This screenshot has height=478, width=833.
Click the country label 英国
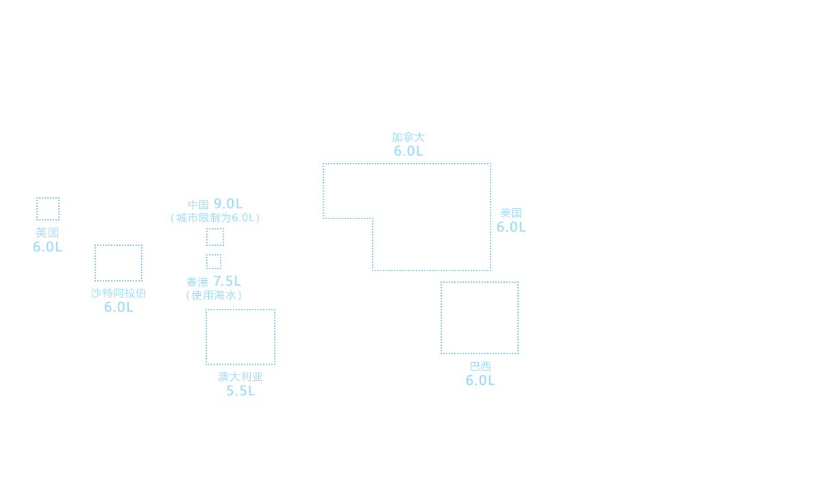(47, 232)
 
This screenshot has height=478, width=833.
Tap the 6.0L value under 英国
(47, 247)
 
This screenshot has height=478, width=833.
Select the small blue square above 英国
(47, 208)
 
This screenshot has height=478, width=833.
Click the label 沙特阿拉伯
(119, 293)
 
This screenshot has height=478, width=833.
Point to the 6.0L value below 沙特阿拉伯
(119, 307)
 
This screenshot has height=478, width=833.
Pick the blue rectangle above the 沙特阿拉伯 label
(118, 262)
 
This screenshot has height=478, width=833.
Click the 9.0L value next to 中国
(228, 204)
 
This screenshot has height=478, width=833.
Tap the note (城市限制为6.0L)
(215, 218)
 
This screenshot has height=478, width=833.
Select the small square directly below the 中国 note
(214, 236)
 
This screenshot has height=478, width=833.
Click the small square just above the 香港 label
(213, 261)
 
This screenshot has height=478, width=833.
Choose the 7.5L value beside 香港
(227, 281)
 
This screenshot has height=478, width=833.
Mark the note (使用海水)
(214, 295)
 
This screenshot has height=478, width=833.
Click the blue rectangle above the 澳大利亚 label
(240, 336)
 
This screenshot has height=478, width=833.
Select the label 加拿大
(408, 137)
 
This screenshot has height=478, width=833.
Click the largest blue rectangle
(406, 216)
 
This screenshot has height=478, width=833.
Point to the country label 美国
(511, 213)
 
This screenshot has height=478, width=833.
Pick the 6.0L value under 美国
(511, 227)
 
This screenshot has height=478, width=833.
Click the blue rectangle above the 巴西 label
(479, 317)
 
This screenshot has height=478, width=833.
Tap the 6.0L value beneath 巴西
(480, 380)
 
